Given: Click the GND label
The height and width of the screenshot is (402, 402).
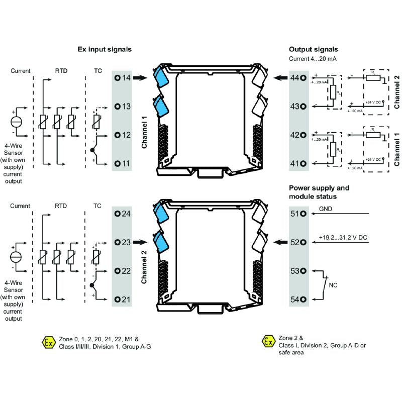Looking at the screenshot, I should point(325,209).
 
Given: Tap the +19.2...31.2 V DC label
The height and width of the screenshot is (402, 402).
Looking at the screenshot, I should point(343,237).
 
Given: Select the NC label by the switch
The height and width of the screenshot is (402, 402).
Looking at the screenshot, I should point(333,285).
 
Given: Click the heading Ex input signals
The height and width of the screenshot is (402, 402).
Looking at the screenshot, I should point(105,49).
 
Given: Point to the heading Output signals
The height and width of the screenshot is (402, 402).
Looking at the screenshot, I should point(313,49).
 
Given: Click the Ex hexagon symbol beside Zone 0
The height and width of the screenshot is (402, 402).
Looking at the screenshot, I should point(49,343).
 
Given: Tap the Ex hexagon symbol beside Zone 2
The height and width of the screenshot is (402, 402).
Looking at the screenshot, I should point(268,342).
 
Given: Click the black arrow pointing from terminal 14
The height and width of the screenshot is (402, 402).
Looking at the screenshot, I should point(141,78).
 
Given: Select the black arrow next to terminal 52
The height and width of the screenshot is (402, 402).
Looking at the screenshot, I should point(280,242).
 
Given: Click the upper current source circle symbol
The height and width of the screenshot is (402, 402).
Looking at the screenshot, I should point(16,122).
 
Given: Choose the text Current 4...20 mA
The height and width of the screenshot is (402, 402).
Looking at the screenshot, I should point(313,59).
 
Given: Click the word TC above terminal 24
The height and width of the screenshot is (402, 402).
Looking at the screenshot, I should point(98,206).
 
